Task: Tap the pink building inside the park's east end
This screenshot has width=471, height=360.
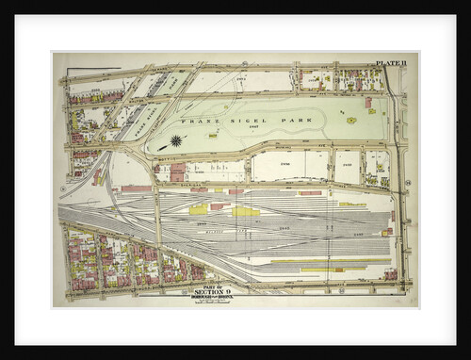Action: (368, 103)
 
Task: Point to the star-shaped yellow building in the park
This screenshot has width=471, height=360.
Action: (350, 121)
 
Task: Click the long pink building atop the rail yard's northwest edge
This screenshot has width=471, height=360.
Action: (137, 188)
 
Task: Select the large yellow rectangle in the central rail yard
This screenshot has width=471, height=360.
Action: (245, 211)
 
